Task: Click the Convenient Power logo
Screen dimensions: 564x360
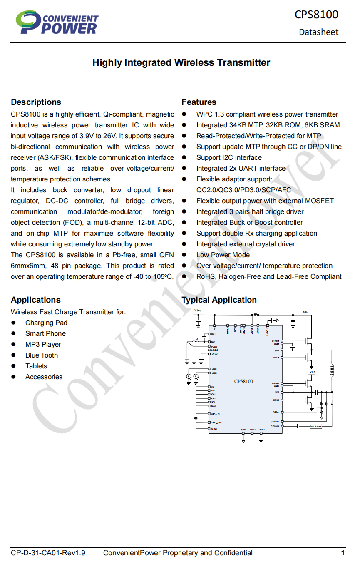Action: pyautogui.click(x=57, y=22)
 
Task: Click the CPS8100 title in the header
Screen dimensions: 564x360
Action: pyautogui.click(x=316, y=14)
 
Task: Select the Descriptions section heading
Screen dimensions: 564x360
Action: pyautogui.click(x=36, y=102)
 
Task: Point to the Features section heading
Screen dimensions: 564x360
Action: pyautogui.click(x=199, y=102)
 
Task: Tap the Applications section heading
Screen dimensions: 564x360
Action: pyautogui.click(x=36, y=300)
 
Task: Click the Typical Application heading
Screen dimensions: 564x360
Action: pyautogui.click(x=219, y=300)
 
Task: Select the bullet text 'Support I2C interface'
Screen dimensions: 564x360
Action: pyautogui.click(x=229, y=157)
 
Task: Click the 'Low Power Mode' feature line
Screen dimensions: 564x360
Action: pyautogui.click(x=223, y=255)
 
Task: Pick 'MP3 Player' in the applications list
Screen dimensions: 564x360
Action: pyautogui.click(x=43, y=344)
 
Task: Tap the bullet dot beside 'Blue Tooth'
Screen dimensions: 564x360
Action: pyautogui.click(x=13, y=355)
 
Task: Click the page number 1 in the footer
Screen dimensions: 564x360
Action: pyautogui.click(x=343, y=553)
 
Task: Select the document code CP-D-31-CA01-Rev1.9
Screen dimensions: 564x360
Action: pyautogui.click(x=48, y=553)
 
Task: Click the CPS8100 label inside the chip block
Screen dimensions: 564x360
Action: pyautogui.click(x=243, y=381)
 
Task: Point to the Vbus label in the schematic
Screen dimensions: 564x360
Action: pyautogui.click(x=198, y=311)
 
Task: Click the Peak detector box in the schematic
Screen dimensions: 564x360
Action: pyautogui.click(x=316, y=426)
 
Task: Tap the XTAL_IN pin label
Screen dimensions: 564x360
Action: pyautogui.click(x=215, y=414)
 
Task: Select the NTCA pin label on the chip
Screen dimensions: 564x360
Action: pyautogui.click(x=214, y=429)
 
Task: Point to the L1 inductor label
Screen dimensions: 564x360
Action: pyautogui.click(x=197, y=339)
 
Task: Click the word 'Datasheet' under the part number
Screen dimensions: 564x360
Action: pyautogui.click(x=318, y=32)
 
